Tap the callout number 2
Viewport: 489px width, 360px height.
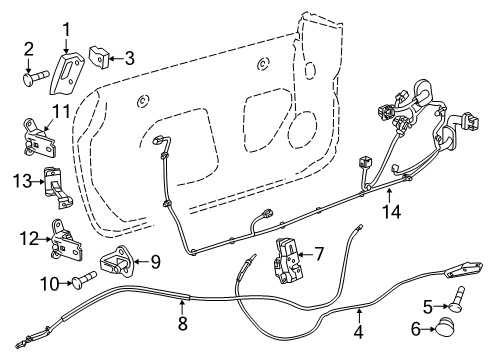(x=28, y=47)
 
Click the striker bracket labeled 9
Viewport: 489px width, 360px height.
(x=124, y=263)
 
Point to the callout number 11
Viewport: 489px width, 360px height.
(x=32, y=111)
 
